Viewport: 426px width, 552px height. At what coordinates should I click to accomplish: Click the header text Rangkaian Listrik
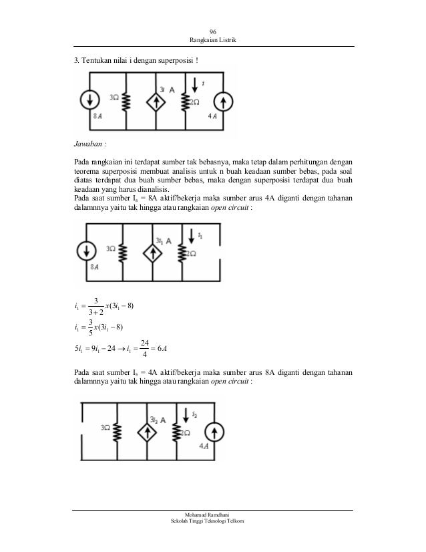click(213, 43)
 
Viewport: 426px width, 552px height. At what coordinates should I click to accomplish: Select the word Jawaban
click(90, 144)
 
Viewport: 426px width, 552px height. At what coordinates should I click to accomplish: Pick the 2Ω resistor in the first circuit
click(185, 102)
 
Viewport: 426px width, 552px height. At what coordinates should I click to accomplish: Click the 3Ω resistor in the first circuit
click(126, 101)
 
